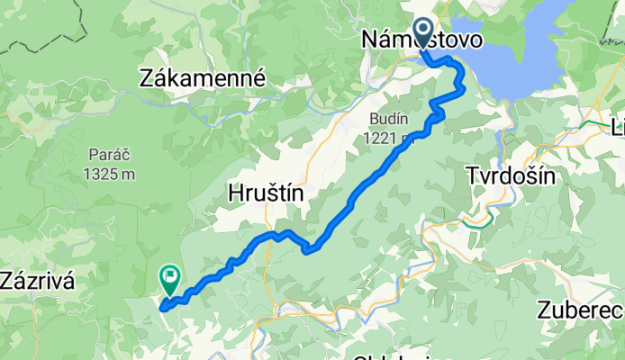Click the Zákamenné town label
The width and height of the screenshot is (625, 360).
click(204, 79)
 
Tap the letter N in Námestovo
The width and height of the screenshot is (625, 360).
click(370, 41)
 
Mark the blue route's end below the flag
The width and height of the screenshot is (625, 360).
click(163, 307)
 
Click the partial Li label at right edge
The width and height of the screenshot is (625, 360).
click(617, 129)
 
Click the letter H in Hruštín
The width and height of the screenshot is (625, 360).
click(232, 193)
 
